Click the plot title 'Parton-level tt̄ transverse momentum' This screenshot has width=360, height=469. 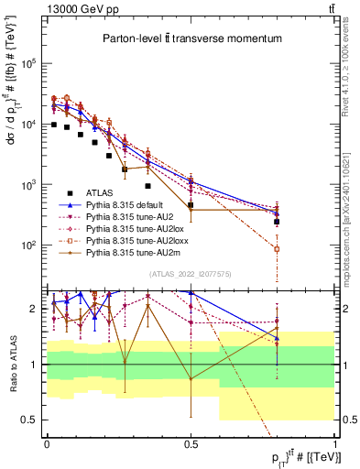click(189, 37)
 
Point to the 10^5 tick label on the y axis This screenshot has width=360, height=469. click(28, 63)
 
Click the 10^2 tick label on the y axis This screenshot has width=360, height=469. click(28, 245)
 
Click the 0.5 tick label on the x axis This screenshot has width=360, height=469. click(191, 442)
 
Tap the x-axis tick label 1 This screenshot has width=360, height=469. click(334, 442)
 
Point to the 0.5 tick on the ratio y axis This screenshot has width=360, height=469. click(28, 420)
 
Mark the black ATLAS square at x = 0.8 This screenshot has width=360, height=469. click(277, 222)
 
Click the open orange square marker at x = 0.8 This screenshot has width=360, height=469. click(277, 249)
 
